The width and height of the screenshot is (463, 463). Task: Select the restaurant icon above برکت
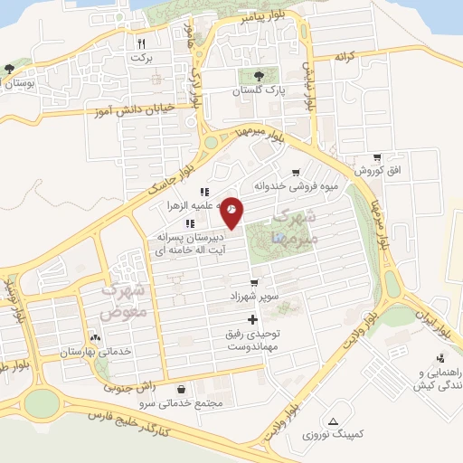140,43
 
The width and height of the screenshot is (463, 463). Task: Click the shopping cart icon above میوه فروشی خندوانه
296,173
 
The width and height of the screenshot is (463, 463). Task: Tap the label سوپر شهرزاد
256,296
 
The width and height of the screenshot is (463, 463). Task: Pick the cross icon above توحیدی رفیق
252,319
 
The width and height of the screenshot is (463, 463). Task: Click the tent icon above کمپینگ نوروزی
335,420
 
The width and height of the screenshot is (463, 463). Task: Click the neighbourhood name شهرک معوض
120,303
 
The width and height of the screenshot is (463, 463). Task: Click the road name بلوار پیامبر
266,17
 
